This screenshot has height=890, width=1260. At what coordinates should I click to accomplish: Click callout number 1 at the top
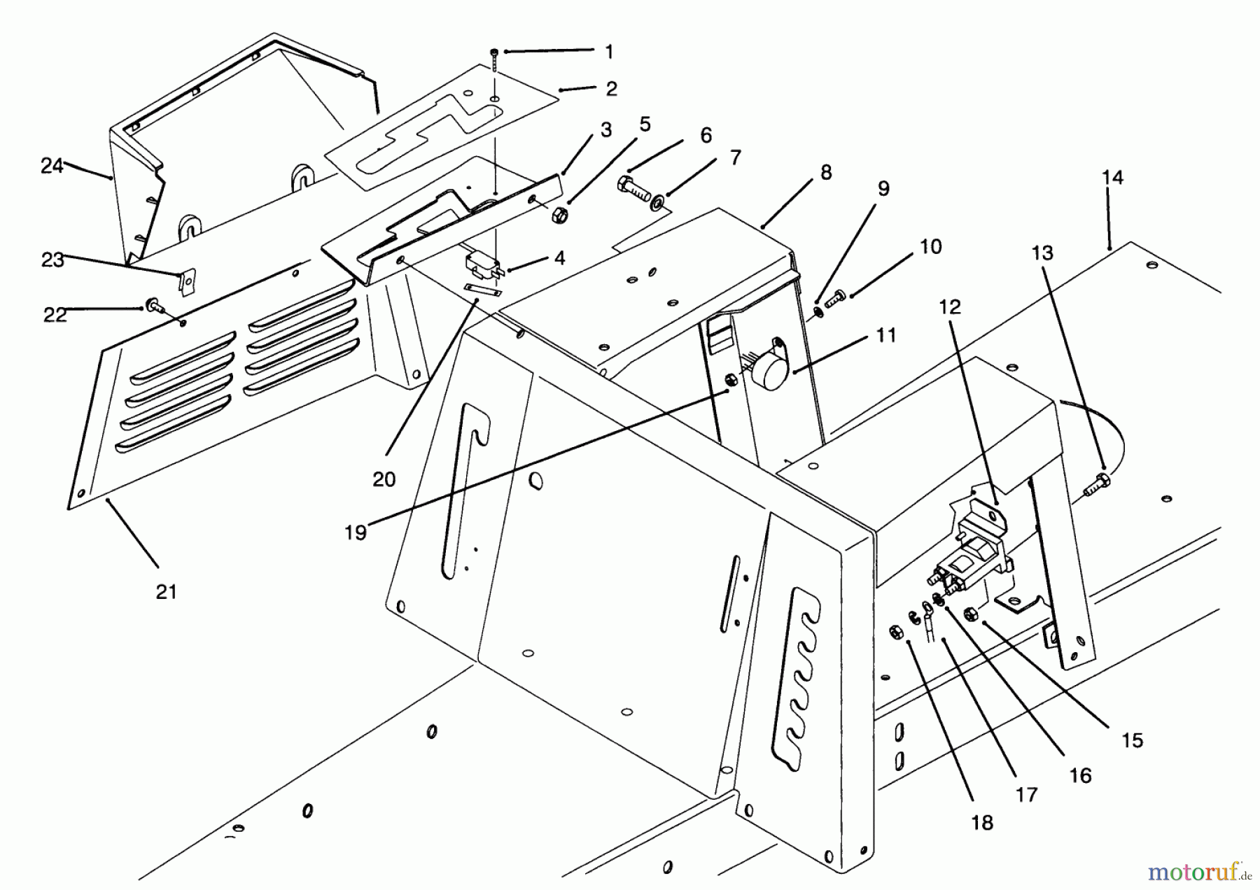pos(608,51)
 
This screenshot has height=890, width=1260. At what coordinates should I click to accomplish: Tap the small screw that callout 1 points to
pos(494,52)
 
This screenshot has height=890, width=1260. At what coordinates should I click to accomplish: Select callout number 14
pos(1112,178)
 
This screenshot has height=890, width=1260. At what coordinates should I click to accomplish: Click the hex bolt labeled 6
pos(633,189)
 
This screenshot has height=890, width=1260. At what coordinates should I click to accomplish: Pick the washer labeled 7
pos(658,203)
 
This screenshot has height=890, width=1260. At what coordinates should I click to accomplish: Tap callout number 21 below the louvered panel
pos(166,592)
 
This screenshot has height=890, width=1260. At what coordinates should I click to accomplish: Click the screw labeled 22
pos(153,306)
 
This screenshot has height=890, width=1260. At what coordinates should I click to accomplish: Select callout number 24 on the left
pos(52,166)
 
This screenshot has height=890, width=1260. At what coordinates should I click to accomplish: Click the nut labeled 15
pos(969,614)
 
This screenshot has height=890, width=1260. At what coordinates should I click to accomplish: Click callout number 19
pos(356,532)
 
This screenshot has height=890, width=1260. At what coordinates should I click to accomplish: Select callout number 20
pos(384,479)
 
